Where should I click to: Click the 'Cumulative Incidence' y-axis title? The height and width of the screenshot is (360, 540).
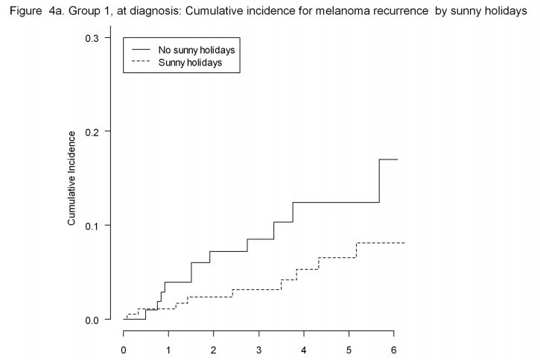point(72,179)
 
